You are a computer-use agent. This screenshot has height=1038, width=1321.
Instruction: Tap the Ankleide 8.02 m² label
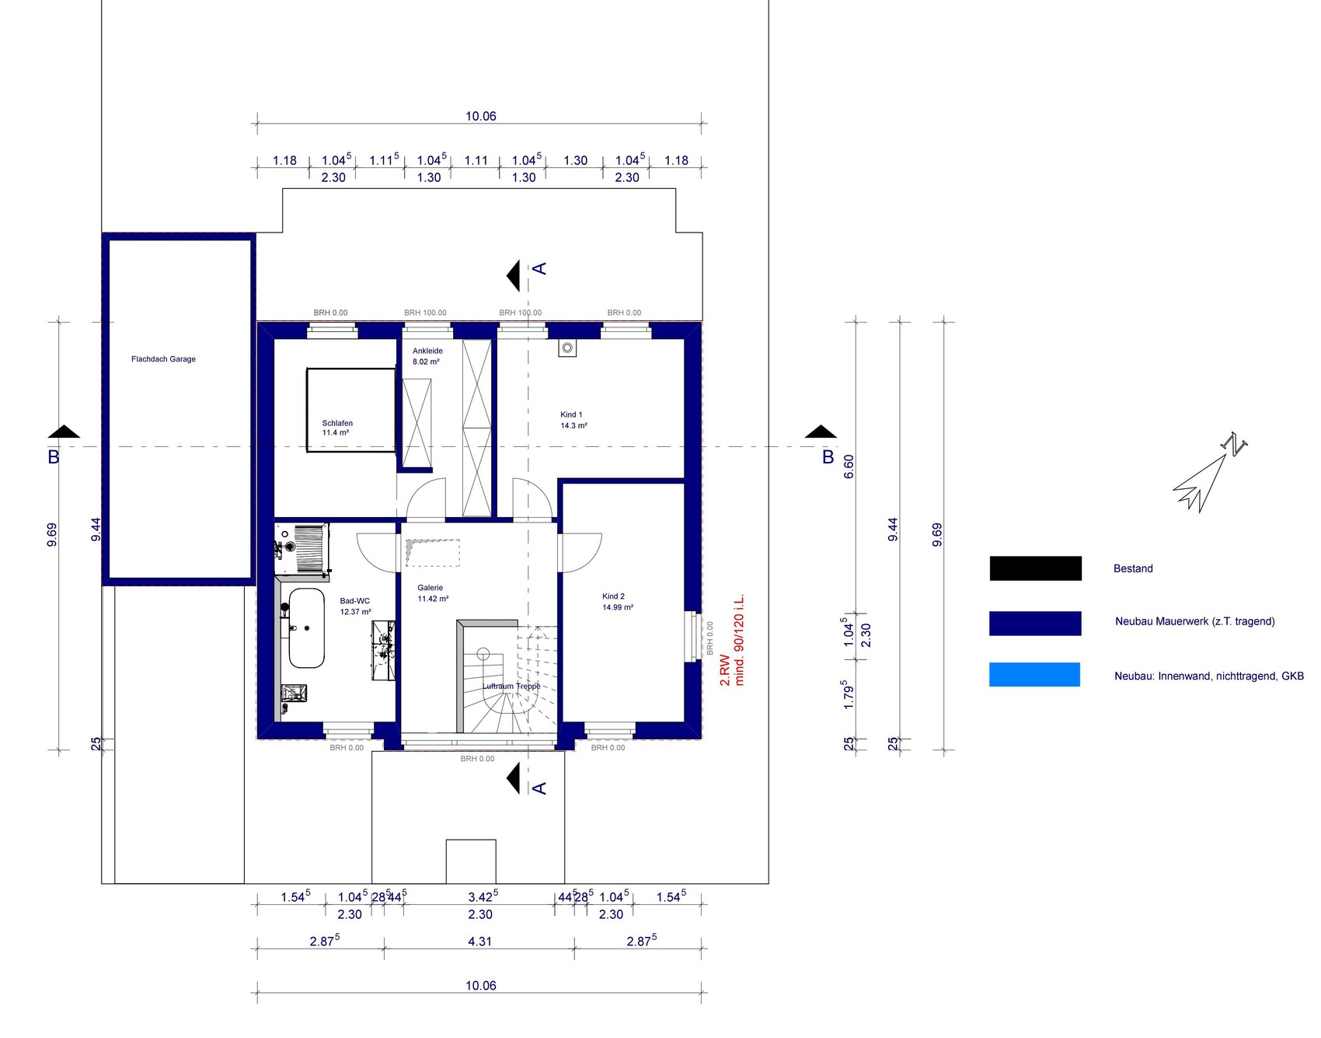click(427, 356)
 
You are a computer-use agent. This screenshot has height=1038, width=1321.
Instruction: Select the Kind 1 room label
click(573, 420)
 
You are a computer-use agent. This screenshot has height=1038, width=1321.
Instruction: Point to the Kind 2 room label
click(617, 602)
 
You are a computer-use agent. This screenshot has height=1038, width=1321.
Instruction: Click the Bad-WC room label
click(355, 606)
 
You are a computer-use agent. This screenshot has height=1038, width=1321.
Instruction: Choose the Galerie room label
click(433, 593)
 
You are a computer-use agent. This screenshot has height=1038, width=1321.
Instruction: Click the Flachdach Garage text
click(163, 359)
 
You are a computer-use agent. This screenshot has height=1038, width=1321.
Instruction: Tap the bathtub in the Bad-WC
click(306, 628)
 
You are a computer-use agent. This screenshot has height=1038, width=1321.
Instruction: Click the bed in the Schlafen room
click(351, 410)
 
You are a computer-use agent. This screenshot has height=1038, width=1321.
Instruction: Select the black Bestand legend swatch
click(1035, 568)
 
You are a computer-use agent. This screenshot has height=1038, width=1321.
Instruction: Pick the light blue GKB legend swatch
click(1034, 674)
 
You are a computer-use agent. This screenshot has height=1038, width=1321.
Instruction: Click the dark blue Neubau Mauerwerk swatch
click(1035, 624)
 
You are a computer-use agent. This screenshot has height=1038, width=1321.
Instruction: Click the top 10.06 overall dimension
click(481, 117)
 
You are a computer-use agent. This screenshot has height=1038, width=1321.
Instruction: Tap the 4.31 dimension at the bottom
click(480, 942)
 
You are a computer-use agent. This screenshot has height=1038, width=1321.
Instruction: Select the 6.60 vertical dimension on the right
click(849, 466)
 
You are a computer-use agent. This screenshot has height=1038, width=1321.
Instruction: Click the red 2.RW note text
click(725, 670)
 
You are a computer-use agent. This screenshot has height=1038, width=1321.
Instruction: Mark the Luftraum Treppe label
click(511, 687)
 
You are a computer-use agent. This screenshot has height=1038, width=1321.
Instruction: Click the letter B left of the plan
click(54, 457)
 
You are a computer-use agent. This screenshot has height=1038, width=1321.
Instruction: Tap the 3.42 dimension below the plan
click(483, 897)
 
